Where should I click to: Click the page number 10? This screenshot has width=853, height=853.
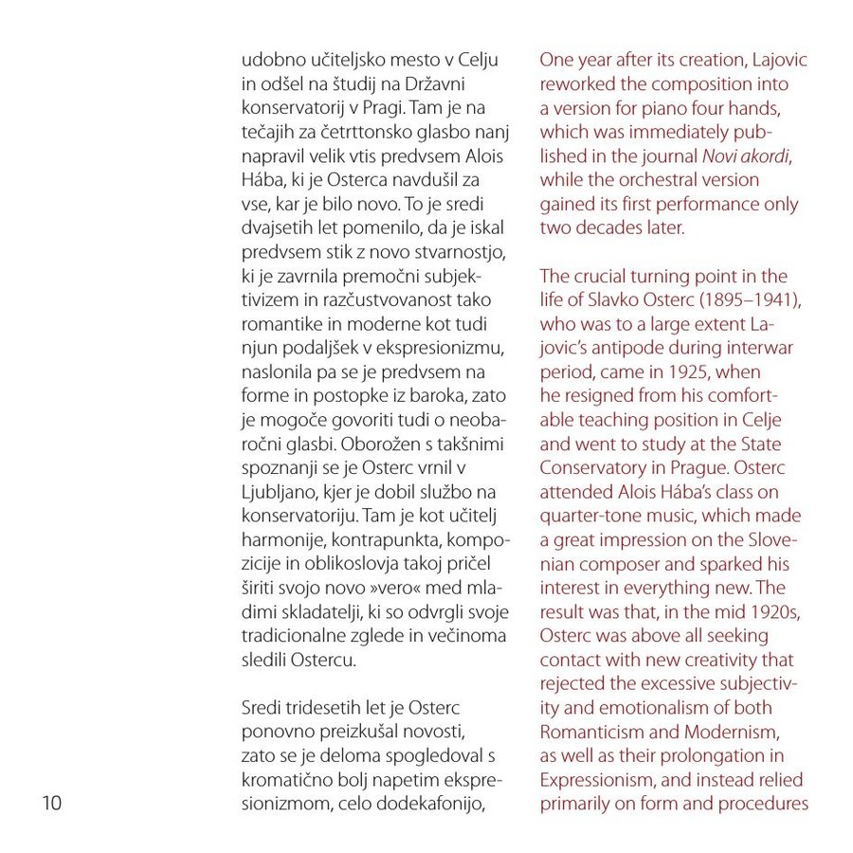pyautogui.click(x=51, y=804)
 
